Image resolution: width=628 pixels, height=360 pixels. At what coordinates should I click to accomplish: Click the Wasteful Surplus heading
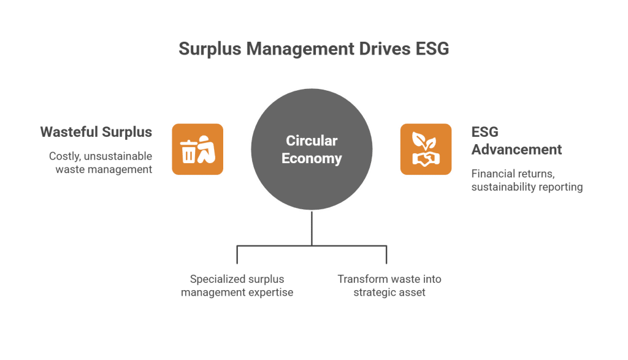click(x=96, y=132)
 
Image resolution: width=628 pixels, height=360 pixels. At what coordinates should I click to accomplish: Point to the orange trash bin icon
click(x=197, y=149)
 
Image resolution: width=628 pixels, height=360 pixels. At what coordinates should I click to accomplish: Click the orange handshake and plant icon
click(x=426, y=149)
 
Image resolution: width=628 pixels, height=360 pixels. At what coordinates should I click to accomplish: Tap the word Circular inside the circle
click(x=312, y=141)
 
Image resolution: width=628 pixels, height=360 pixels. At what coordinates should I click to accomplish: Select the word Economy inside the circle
click(x=312, y=159)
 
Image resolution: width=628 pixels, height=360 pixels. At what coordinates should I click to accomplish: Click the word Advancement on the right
click(x=516, y=150)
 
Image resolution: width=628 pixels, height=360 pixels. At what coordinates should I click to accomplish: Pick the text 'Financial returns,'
click(x=513, y=174)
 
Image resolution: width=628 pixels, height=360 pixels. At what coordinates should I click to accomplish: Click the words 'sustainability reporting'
click(x=527, y=187)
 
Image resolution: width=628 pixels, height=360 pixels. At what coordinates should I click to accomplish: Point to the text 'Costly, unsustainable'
click(x=101, y=156)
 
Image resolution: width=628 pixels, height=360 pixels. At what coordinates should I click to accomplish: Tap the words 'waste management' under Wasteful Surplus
click(x=104, y=169)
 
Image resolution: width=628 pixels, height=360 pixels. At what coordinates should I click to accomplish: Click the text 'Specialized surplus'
click(x=237, y=280)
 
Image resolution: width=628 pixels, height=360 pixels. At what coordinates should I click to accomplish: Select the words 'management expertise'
click(x=237, y=293)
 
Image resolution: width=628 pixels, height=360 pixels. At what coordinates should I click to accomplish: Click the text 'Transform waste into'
click(x=389, y=280)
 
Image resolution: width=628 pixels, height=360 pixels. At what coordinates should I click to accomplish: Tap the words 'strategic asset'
click(x=389, y=293)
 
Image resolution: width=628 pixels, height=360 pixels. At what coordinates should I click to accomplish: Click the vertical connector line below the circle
click(x=312, y=228)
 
